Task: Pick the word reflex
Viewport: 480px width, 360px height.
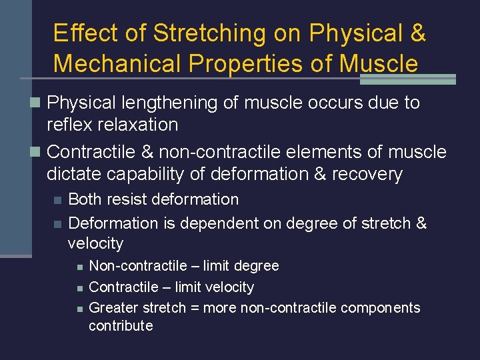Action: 67,125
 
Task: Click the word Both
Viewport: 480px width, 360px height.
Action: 85,199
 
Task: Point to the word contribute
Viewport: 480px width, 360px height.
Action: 121,326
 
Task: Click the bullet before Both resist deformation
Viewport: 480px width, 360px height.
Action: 57,200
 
